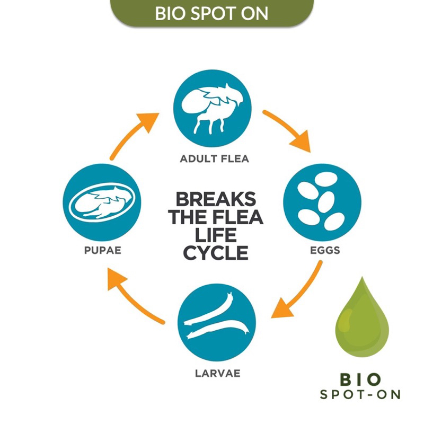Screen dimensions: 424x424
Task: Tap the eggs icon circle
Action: (x=322, y=203)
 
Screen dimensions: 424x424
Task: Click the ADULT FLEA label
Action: (x=214, y=158)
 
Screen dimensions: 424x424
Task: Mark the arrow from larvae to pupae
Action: (x=135, y=295)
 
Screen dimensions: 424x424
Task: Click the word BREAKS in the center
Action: (x=215, y=200)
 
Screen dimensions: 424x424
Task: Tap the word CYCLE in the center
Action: (x=215, y=253)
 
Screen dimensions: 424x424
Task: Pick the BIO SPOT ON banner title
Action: (x=211, y=13)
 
